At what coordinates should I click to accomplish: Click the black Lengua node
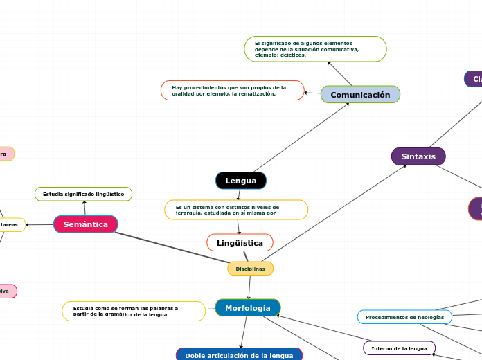tap(241, 181)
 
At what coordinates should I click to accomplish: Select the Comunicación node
tap(360, 94)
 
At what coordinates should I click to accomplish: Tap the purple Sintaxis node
tap(418, 156)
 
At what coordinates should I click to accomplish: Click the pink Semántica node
tap(86, 224)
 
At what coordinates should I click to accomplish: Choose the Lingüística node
tap(240, 243)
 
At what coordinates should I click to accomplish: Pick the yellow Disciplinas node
tap(250, 269)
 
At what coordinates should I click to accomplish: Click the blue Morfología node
tap(248, 307)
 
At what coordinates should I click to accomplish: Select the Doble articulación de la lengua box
tap(239, 355)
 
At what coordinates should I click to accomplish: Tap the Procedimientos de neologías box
tap(404, 317)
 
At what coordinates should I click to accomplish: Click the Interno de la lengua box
tap(399, 348)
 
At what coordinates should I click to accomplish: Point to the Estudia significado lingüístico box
tap(83, 195)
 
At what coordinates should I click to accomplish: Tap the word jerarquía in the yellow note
tap(188, 213)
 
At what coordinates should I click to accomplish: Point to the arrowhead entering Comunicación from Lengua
tap(348, 104)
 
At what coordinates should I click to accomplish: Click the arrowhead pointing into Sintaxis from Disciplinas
tap(405, 165)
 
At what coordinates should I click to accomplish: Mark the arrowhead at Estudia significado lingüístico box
tap(84, 203)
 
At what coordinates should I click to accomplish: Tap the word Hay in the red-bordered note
tap(177, 88)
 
